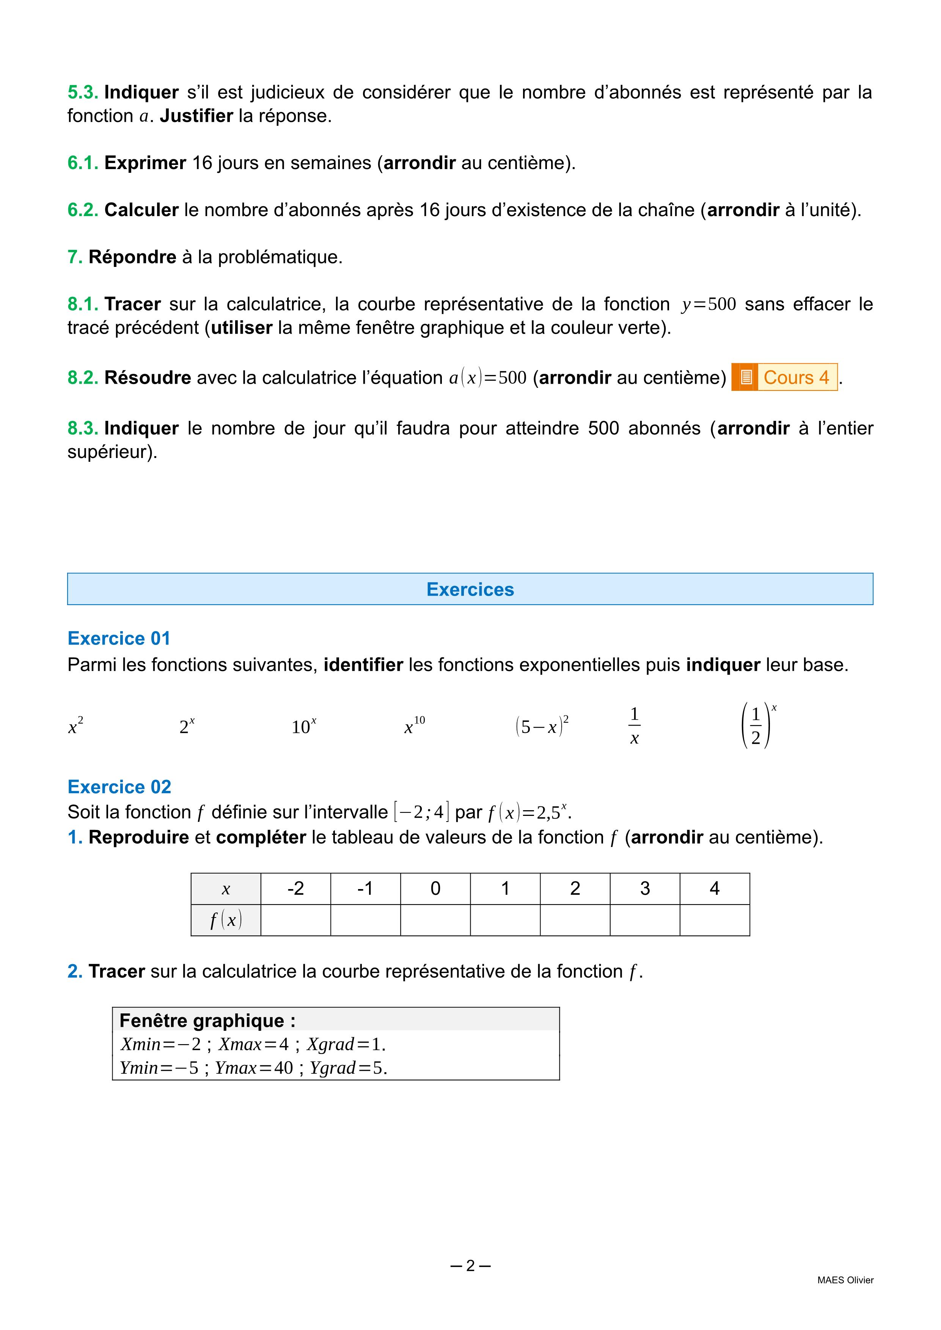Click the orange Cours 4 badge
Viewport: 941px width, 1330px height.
point(785,377)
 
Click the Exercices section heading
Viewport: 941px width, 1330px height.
point(470,589)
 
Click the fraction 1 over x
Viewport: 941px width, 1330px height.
point(635,726)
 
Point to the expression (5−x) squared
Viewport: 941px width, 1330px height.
point(542,726)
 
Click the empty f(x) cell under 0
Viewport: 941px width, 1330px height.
point(435,920)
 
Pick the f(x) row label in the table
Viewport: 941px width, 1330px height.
point(226,920)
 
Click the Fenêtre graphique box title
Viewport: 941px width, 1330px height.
point(207,1020)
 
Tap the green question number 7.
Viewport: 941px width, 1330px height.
point(75,257)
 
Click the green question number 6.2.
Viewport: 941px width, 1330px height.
point(83,210)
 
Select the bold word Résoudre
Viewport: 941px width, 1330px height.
point(147,378)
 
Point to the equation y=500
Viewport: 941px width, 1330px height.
point(708,304)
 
